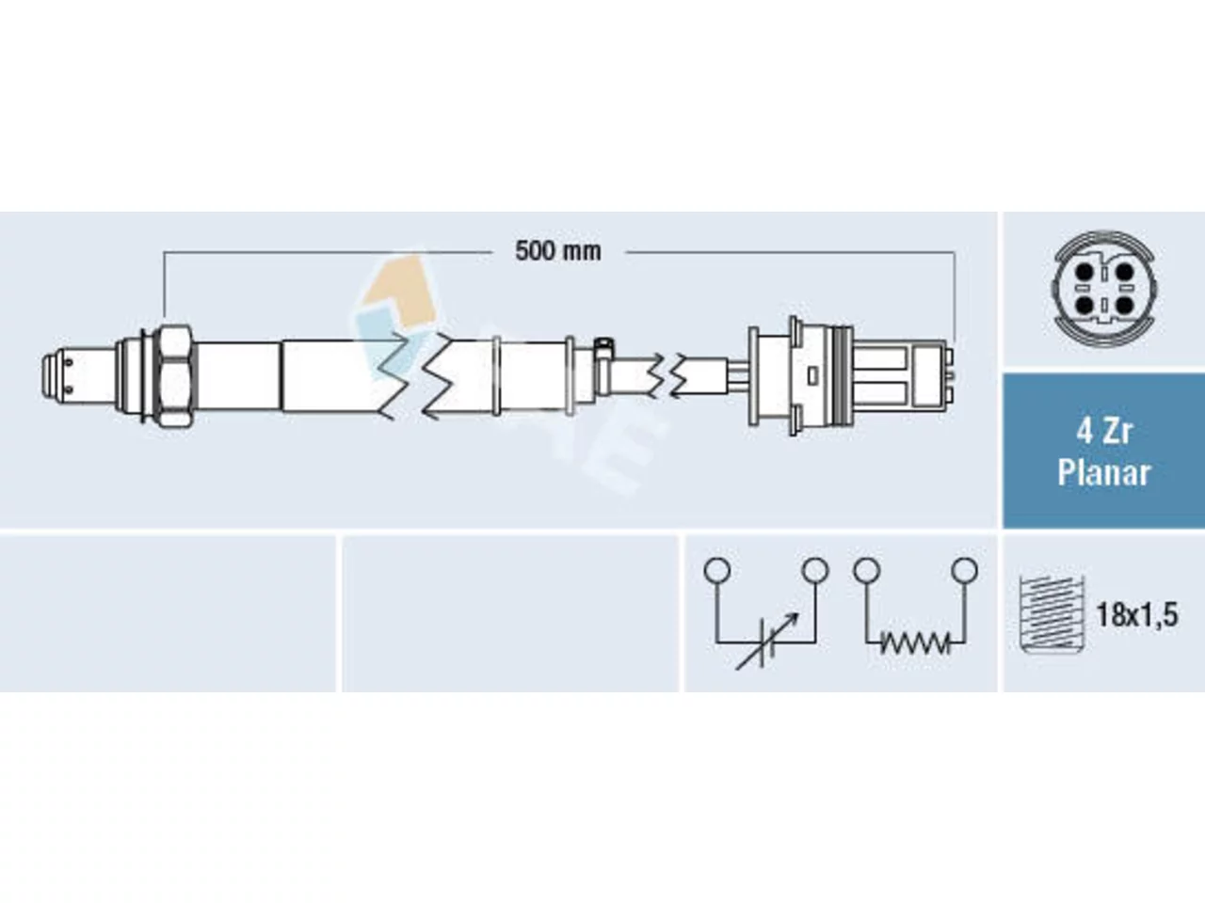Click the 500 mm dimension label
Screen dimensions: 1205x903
[557, 252]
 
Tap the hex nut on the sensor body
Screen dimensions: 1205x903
[174, 376]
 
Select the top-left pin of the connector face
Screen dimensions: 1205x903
[1084, 272]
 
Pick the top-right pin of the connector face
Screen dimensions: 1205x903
[1124, 272]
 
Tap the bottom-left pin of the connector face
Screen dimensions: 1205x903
[1084, 305]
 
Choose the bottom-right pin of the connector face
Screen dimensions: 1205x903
[1124, 305]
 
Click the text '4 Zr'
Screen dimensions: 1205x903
[1104, 432]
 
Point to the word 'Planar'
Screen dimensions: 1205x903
[1104, 472]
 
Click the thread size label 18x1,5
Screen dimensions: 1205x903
[1137, 615]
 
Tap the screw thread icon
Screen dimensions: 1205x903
[1052, 614]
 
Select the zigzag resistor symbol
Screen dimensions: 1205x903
[915, 643]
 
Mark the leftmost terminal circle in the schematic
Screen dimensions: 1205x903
[717, 570]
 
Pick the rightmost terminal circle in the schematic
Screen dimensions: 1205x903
[965, 570]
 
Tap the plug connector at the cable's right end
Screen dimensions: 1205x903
[851, 376]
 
